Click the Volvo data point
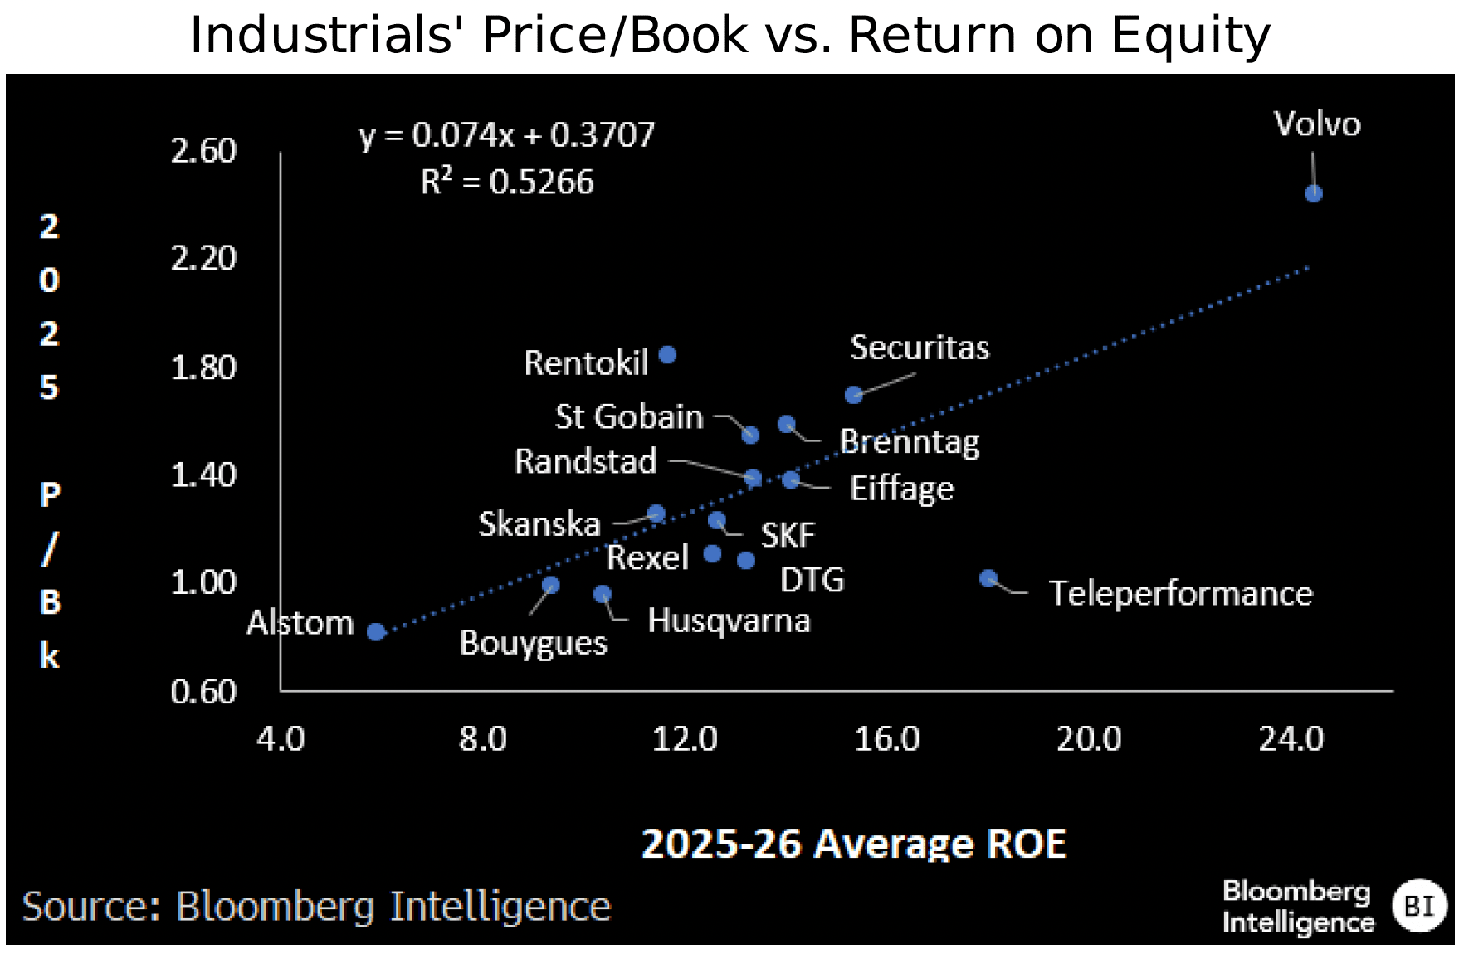pos(1313,193)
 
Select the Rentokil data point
pos(667,355)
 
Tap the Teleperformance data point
pos(988,578)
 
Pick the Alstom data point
pos(376,631)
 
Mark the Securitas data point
pos(853,395)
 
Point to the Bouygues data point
pos(550,585)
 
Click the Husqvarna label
pos(729,621)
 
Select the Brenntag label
pos(910,441)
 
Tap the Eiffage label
pos(902,489)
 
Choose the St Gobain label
pos(629,416)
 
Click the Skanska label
pos(539,524)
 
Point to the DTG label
pos(812,580)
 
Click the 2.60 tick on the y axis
pos(203,151)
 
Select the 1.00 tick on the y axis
pos(203,583)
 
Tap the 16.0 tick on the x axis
pos(886,738)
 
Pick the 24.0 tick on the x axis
pos(1291,738)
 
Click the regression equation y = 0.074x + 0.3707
pos(507,135)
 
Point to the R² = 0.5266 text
pos(507,182)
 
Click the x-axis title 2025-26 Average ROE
pos(853,844)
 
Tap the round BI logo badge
pos(1419,905)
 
